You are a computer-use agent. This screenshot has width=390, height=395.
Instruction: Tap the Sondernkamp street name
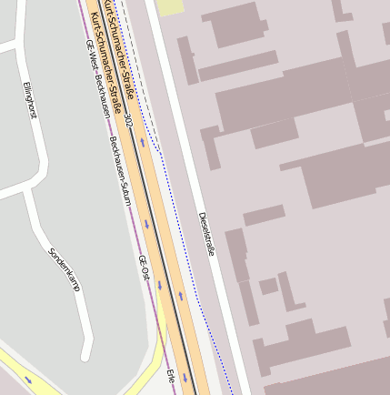(65, 269)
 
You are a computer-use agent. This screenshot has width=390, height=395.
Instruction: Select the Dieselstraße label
(206, 234)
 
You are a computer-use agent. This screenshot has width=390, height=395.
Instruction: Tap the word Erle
(170, 376)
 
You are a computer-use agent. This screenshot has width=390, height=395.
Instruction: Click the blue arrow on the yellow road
(27, 379)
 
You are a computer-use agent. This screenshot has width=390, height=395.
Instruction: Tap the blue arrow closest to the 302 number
(142, 141)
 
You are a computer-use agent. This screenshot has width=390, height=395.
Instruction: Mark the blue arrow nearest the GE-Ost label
(159, 285)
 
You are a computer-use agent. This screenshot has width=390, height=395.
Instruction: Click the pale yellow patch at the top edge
(169, 7)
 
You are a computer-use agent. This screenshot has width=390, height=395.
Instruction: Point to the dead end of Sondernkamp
(86, 356)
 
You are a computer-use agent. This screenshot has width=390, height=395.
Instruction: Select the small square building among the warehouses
(268, 286)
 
